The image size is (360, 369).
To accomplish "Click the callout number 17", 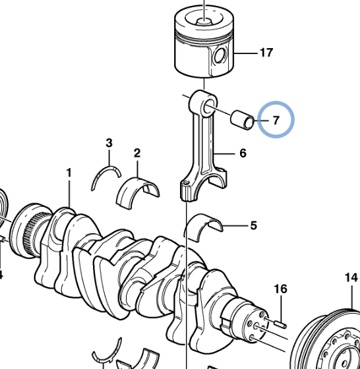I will (266, 53).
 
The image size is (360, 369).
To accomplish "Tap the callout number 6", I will (243, 154).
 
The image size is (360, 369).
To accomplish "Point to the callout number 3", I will (109, 143).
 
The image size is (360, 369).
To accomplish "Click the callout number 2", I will (137, 154).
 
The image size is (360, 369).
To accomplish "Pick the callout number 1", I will (68, 173).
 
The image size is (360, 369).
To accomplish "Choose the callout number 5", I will (253, 226).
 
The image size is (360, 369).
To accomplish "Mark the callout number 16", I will (281, 289).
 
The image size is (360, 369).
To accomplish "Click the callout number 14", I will (350, 277).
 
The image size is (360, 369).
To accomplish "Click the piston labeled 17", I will (204, 46).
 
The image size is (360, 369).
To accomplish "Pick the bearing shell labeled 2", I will (137, 190).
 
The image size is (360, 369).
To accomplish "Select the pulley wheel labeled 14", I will (330, 343).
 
